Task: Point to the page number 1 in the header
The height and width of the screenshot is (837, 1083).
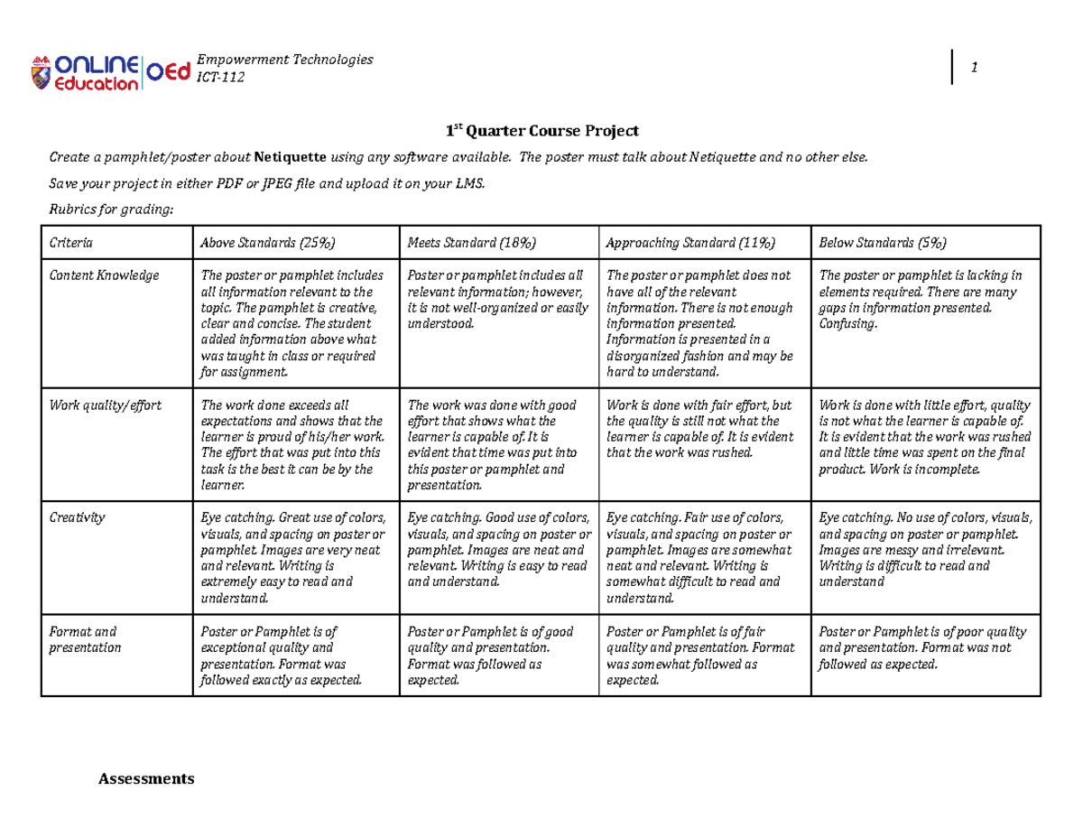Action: coord(975,69)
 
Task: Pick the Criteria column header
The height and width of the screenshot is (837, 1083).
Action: coord(69,243)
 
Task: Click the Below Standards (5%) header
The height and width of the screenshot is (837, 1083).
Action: coord(882,243)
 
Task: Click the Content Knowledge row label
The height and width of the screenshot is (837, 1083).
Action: coord(103,275)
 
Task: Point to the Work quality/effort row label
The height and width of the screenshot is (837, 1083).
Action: coord(105,405)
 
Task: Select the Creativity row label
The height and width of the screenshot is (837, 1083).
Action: coord(77,517)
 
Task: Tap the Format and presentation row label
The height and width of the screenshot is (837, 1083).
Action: coord(83,639)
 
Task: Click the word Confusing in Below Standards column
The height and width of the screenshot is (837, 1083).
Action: coord(847,324)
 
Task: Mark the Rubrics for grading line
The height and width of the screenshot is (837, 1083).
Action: coord(108,209)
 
